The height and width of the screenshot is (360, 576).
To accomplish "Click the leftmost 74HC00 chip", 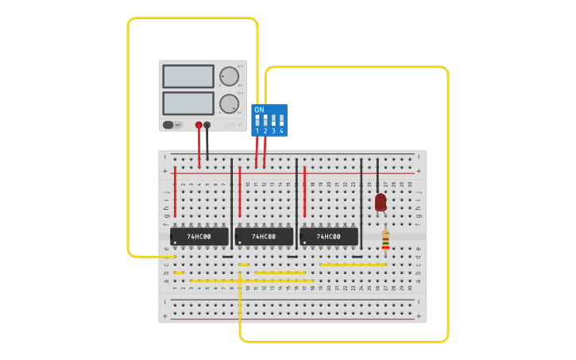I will coord(199,237).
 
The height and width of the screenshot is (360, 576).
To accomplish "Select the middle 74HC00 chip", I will coord(264,237).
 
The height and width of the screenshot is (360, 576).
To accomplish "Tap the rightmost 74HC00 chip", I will coord(328,237).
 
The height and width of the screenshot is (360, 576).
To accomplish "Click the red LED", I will coord(381,202).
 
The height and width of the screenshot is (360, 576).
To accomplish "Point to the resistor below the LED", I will coord(385,239).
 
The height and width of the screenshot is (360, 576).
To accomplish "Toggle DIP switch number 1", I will coord(257,121).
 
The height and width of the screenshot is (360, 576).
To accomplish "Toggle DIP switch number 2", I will coord(265,121).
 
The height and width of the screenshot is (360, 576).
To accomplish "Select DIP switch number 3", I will coord(273,121).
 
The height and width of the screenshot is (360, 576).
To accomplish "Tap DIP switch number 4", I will coord(281,121).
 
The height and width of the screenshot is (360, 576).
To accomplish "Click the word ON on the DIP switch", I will coord(259,110).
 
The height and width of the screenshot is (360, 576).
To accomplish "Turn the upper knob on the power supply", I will coord(229,76).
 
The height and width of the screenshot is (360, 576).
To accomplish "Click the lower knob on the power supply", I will coord(229,103).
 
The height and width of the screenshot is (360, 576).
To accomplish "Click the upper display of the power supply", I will coord(188,76).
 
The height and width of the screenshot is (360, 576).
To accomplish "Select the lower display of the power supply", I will coord(188,103).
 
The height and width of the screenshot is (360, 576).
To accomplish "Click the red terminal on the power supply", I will coord(199,125).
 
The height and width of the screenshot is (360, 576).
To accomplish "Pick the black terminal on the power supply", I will coord(207,125).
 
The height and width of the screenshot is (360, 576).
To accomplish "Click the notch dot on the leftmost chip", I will coord(175,242).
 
